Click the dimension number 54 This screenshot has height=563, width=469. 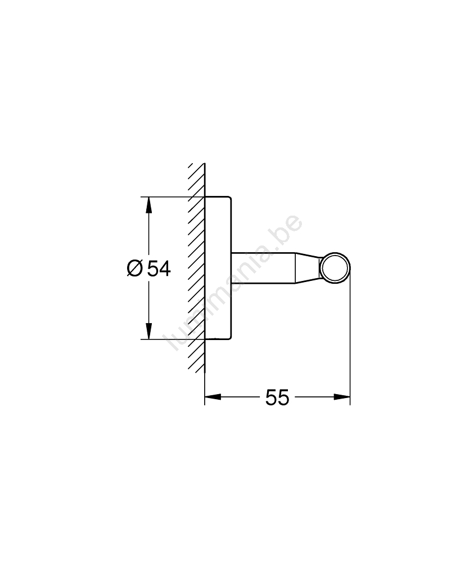point(159,268)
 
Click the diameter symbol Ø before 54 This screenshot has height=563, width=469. point(134,268)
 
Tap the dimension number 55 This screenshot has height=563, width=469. point(277,397)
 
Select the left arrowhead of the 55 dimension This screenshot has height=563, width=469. point(212,397)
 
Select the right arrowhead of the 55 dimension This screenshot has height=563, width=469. point(342,397)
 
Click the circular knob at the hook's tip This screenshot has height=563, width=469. point(335,268)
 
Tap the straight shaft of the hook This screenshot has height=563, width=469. point(263,268)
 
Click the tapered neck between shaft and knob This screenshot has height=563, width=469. point(308,268)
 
